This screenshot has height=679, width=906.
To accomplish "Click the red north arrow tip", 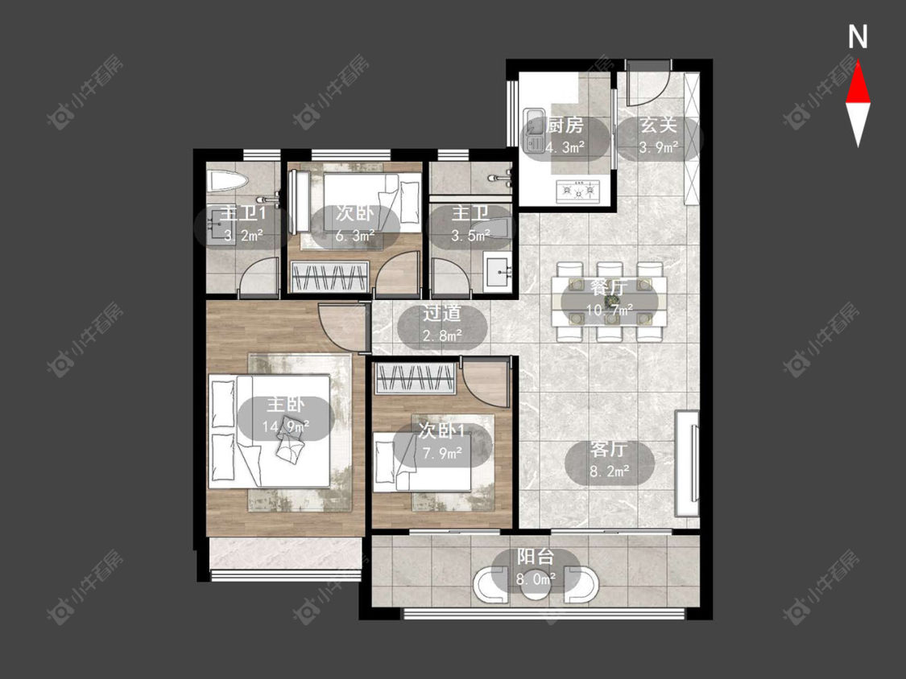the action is tap(858, 63).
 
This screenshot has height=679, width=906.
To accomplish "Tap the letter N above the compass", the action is tap(858, 37).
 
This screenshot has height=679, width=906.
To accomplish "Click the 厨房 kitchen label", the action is tap(565, 126).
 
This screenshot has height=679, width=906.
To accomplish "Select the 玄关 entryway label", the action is tap(658, 126).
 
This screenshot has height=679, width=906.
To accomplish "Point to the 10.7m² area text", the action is tap(610, 311).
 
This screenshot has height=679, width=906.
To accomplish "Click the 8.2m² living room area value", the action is tap(610, 471).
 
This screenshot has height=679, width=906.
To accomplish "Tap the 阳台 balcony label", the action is tap(536, 558).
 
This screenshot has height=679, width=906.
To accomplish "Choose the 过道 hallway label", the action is tap(442, 313).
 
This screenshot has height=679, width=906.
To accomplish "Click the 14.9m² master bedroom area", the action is tap(286, 426).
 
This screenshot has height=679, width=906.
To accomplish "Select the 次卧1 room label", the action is tap(442, 430).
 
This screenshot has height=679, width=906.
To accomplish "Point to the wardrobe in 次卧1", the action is tap(414, 381).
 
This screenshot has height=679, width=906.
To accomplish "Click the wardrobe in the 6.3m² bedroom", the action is tap(330, 277).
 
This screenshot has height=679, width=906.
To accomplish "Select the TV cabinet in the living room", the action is tap(687, 463).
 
